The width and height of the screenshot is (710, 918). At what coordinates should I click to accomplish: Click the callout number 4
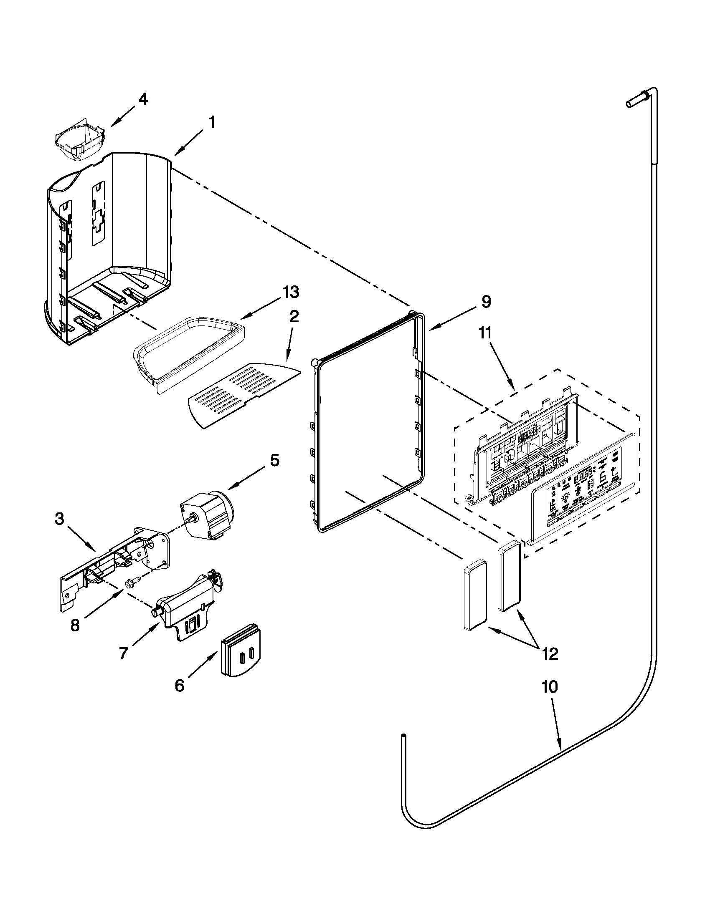143,99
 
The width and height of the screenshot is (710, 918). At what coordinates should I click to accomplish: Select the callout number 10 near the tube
549,687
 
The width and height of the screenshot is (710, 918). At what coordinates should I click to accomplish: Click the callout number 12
550,653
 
